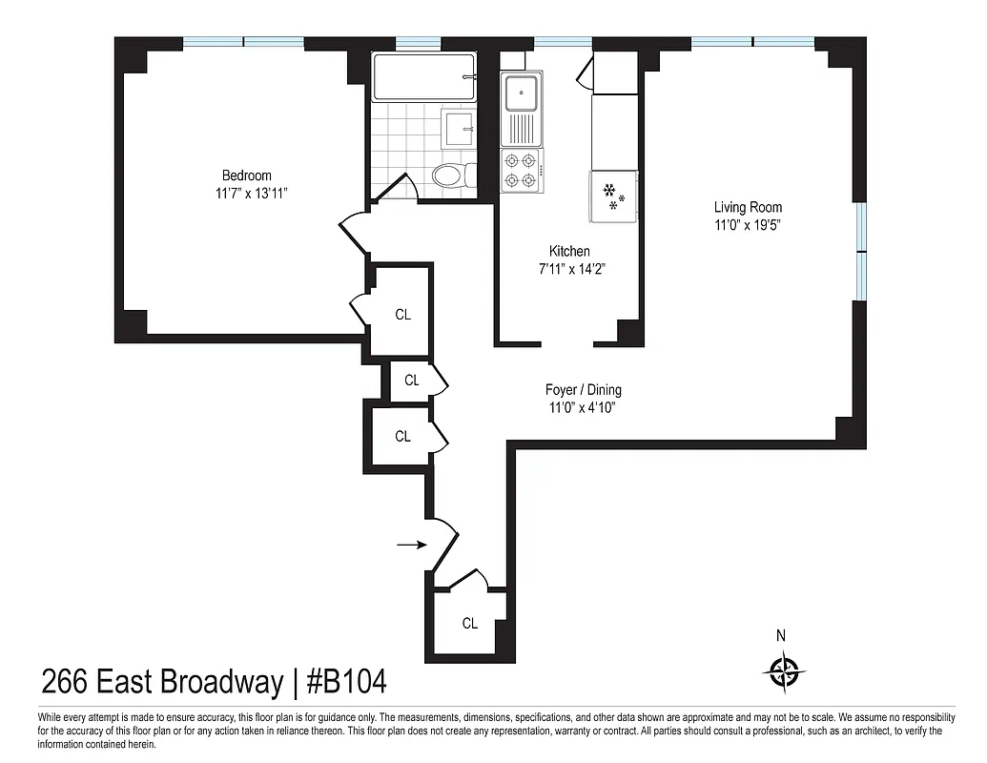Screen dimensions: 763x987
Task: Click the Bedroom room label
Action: click(246, 175)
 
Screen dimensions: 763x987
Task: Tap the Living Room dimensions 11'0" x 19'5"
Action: click(748, 225)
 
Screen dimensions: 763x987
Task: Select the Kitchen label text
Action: click(569, 251)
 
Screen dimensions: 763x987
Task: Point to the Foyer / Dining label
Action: click(583, 390)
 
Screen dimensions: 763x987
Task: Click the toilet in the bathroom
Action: click(448, 175)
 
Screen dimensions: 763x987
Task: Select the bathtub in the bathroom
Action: click(423, 77)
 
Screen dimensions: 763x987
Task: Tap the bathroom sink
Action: click(460, 127)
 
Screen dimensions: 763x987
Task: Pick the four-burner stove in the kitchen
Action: click(521, 170)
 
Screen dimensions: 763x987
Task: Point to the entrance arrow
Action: click(412, 545)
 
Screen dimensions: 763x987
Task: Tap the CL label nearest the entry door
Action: click(469, 624)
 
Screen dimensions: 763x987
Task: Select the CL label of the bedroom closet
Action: click(402, 315)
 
